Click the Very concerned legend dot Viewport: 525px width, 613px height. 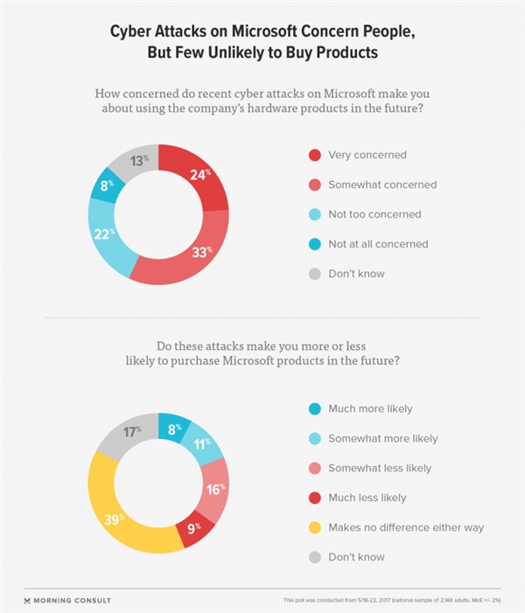point(314,156)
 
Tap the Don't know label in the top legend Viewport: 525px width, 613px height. point(356,274)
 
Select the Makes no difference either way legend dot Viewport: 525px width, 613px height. point(314,527)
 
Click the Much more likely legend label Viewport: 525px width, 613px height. point(370,408)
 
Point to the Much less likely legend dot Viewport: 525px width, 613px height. point(314,498)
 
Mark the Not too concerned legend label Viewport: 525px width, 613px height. point(374,214)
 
